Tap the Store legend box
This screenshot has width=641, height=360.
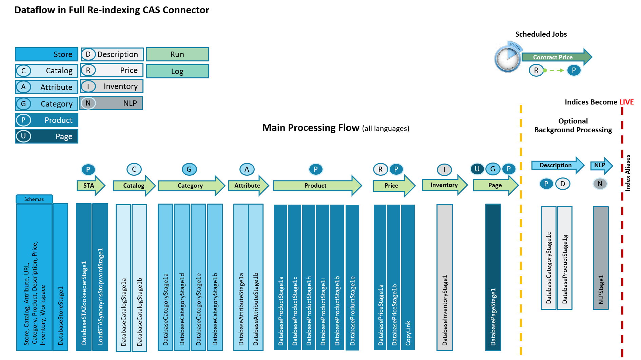point(46,54)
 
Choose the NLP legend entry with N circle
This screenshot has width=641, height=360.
point(111,103)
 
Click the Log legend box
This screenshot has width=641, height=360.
point(177,71)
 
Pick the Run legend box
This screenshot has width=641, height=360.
point(177,54)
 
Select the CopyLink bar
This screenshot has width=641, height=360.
point(408,277)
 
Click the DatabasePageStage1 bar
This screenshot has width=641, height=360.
point(493,277)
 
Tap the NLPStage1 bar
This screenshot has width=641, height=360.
point(601,258)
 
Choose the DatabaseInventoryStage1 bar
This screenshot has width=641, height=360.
point(445,277)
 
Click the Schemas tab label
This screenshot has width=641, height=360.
point(34,199)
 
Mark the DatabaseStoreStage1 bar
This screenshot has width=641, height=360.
point(60,277)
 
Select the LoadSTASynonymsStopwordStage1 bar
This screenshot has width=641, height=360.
point(100,277)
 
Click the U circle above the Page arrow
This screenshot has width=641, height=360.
point(477,169)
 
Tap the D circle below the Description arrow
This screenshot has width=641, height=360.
point(563,184)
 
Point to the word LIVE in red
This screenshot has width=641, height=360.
point(626,102)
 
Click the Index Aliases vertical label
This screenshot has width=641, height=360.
point(628,173)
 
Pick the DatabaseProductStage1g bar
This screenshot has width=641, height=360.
point(565,258)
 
